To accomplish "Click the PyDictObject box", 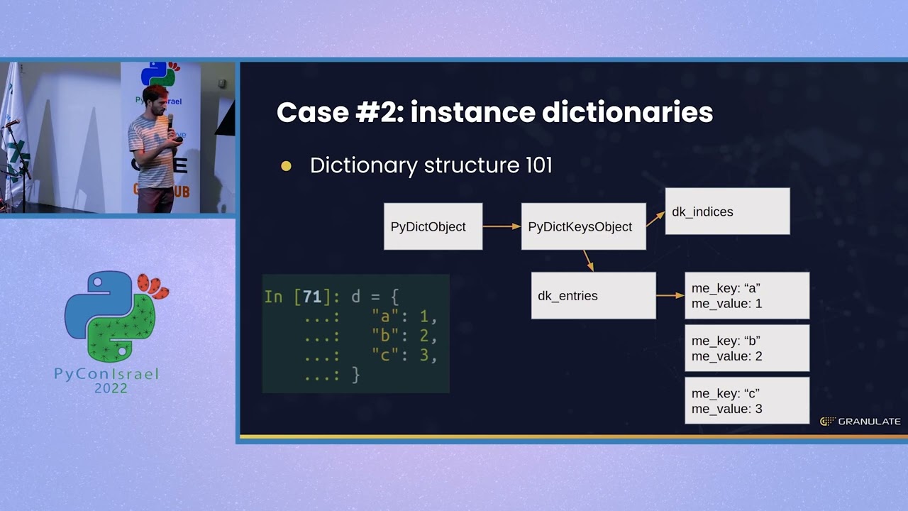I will [x=433, y=226].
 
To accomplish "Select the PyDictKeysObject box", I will [x=583, y=226].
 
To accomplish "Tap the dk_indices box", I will [x=727, y=211].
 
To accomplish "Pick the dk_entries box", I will [x=593, y=295].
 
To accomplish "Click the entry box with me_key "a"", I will [x=746, y=295].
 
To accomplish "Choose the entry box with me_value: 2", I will [x=746, y=348].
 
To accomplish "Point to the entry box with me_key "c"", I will [x=746, y=400].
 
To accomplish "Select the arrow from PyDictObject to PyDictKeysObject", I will [x=502, y=226].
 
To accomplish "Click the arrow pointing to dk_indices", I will [x=655, y=219].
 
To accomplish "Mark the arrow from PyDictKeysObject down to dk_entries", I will [x=588, y=260].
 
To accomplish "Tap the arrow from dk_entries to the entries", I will [x=670, y=295].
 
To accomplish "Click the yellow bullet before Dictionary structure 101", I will [x=286, y=166].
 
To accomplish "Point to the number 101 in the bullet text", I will [x=538, y=165].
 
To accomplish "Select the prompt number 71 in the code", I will [x=312, y=296].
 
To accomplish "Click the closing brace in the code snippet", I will [x=355, y=375].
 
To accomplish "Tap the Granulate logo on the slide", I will [x=860, y=422].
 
